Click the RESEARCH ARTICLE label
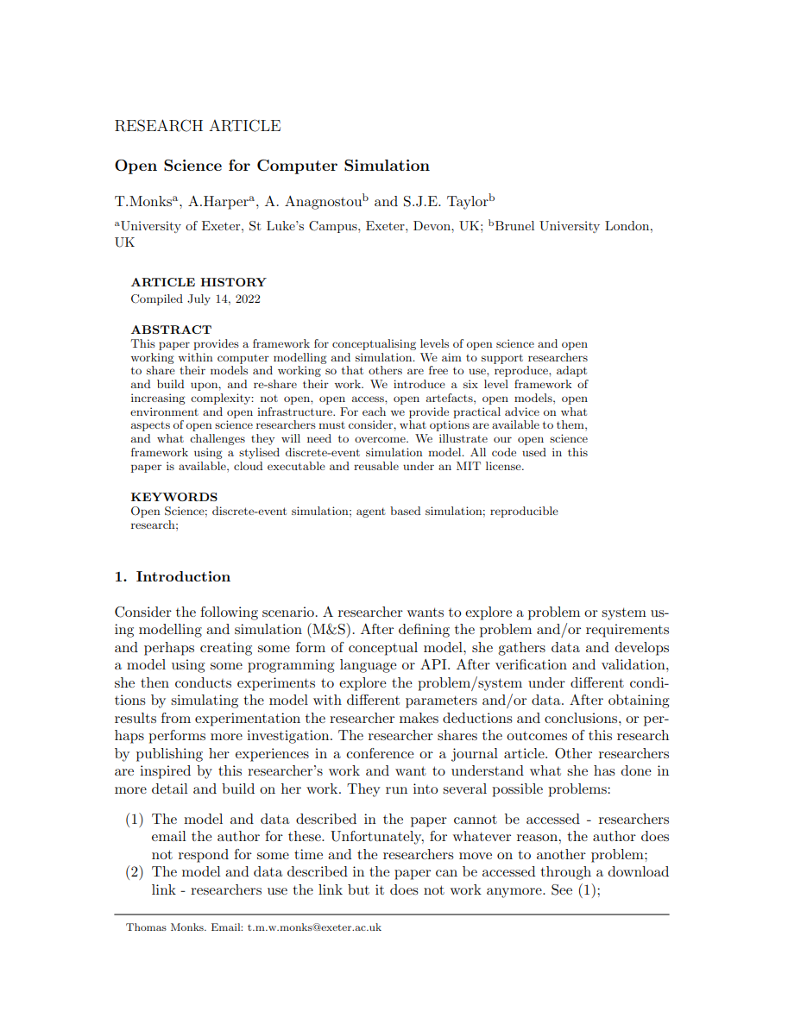198,126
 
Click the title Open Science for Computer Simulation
272,166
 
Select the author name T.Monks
143,202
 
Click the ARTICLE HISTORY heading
199,282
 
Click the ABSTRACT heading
171,330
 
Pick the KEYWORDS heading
174,497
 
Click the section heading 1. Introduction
173,576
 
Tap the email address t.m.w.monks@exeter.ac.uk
314,927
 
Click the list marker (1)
135,820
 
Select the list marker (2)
135,872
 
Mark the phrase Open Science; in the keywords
169,512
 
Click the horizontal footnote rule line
391,914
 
